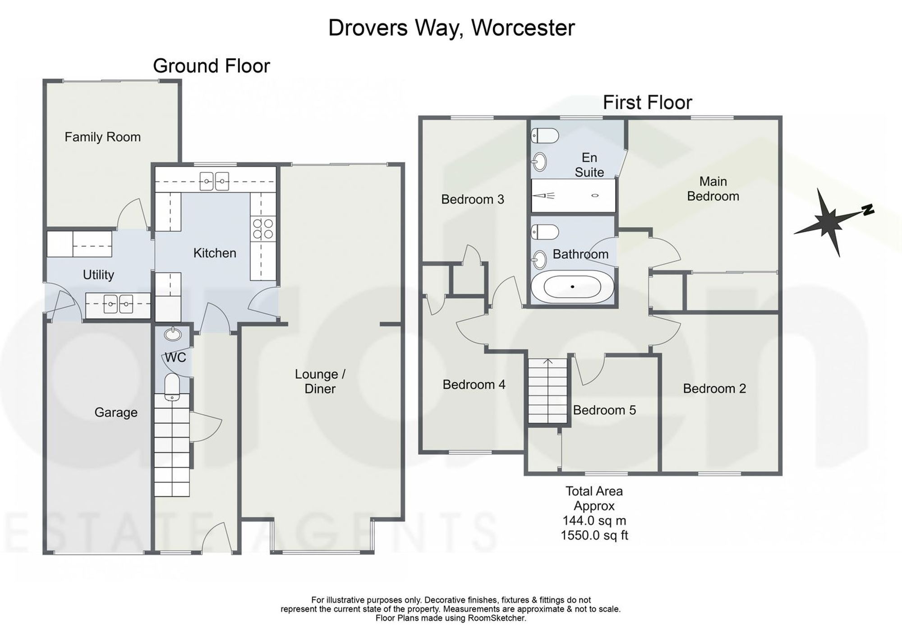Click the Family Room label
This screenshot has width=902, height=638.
(x=102, y=137)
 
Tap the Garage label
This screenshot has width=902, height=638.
(x=116, y=412)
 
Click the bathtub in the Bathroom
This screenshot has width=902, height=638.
(x=572, y=287)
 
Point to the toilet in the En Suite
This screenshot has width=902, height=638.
(x=545, y=135)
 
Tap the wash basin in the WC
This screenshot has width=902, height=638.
(x=172, y=334)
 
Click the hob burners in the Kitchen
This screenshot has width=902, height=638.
(x=263, y=228)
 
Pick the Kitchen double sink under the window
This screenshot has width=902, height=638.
(x=215, y=181)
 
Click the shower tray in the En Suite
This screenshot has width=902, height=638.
(x=573, y=195)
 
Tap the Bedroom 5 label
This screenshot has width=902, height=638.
(x=604, y=410)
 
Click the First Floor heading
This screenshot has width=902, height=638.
(x=647, y=102)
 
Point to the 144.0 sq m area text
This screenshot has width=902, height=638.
(x=594, y=521)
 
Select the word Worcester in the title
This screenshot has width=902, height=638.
(x=523, y=28)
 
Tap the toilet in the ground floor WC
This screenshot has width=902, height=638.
(x=172, y=387)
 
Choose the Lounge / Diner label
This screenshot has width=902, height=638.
(x=320, y=381)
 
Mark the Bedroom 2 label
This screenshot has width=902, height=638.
(x=714, y=388)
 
